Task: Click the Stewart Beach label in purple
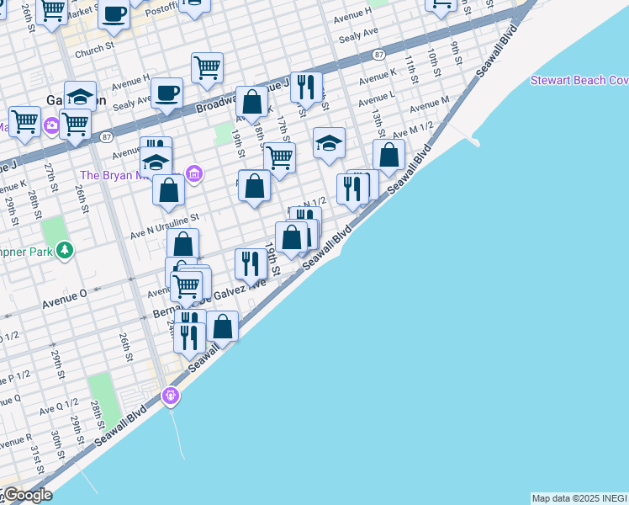click(x=579, y=80)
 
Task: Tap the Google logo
click(x=27, y=495)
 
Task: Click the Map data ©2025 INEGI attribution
click(x=579, y=498)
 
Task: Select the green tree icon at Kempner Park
click(x=65, y=250)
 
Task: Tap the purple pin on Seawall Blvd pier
click(x=172, y=394)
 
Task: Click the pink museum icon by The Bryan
click(x=194, y=174)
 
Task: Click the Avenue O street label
click(x=65, y=295)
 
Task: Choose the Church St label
click(x=93, y=51)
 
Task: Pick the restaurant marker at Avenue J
click(x=307, y=87)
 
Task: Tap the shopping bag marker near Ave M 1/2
click(x=388, y=156)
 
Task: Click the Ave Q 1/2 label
click(x=59, y=407)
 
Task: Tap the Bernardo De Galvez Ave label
click(x=210, y=299)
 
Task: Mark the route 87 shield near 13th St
click(x=380, y=54)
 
